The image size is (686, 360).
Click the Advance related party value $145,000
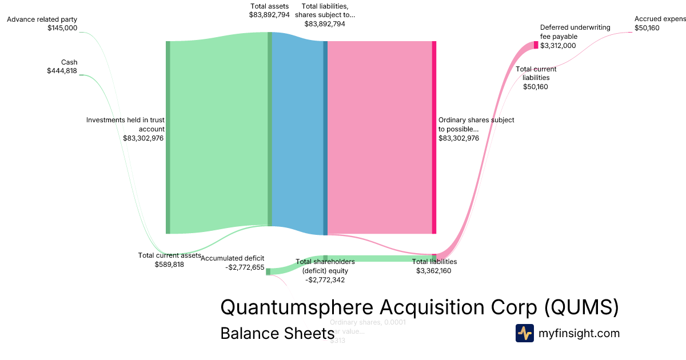coord(62,27)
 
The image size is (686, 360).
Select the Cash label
coord(69,62)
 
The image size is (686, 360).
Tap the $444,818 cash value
coord(62,71)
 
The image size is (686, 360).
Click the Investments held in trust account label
coord(125,125)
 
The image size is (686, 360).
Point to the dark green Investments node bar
coord(168,137)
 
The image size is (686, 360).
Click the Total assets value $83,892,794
coord(269,15)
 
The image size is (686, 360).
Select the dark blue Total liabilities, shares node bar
coord(325,137)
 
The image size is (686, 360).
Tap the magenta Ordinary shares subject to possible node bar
coord(434,137)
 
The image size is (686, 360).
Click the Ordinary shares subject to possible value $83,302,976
coord(458,138)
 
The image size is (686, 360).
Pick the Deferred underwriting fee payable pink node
coord(536,45)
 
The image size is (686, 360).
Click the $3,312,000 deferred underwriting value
coord(558,46)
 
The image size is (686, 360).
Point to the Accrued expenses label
coord(660,19)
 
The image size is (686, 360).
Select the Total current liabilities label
coord(536,74)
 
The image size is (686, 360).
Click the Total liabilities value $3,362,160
coord(434,271)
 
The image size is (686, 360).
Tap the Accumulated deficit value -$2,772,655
coord(245,267)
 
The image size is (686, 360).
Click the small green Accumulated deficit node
coord(268,271)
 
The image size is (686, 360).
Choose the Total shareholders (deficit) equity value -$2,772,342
coord(325,280)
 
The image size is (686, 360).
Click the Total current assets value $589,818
coord(169,265)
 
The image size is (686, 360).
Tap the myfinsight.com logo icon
coord(525,333)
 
